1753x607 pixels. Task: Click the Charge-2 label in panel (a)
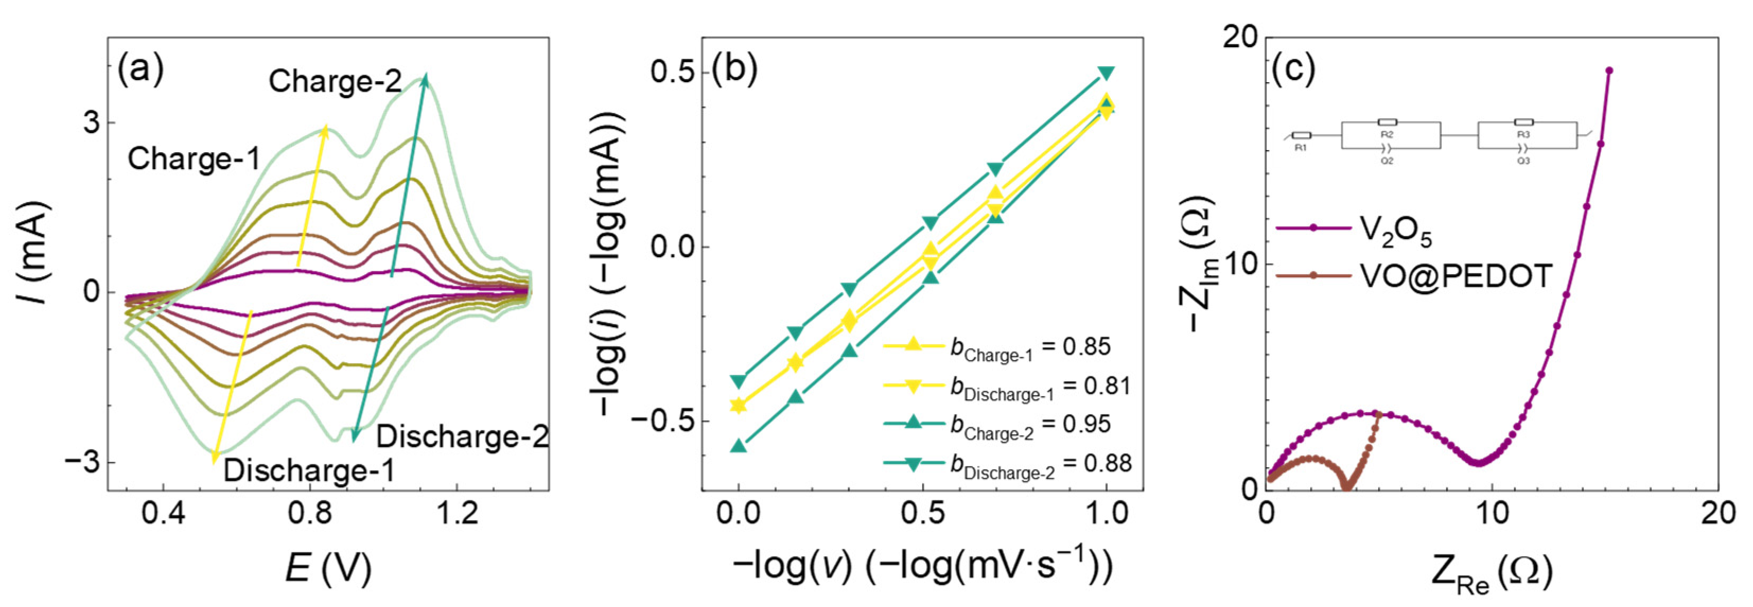[335, 81]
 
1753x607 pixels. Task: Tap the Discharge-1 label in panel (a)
[309, 470]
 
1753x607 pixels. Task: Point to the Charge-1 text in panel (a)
[194, 159]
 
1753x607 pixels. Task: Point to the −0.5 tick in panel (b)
[662, 420]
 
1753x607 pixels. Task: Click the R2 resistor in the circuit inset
[1387, 122]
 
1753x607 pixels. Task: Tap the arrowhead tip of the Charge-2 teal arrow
[426, 75]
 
